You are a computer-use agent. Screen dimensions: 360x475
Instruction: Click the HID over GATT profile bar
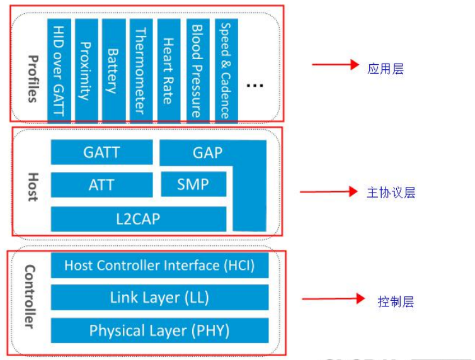click(59, 69)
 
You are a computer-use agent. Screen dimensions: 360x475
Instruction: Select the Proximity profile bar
click(86, 69)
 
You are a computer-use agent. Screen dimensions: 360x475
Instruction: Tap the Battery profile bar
click(113, 69)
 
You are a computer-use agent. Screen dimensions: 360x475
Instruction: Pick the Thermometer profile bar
click(140, 69)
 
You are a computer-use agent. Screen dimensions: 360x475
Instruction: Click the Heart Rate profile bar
click(168, 69)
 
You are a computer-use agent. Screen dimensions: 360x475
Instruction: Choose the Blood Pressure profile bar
click(197, 69)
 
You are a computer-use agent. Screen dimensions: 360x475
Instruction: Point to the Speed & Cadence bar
click(225, 69)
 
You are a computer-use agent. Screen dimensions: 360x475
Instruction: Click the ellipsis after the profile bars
click(255, 85)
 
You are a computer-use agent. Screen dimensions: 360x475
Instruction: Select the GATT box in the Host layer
click(101, 152)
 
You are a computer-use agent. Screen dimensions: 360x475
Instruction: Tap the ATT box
click(101, 185)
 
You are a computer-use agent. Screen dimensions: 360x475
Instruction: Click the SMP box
click(193, 184)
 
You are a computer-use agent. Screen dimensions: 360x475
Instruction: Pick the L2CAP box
click(138, 219)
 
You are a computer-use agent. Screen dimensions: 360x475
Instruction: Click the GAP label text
click(207, 152)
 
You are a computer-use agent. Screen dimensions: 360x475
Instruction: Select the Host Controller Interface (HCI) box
click(159, 266)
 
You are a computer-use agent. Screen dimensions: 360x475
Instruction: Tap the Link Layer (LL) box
click(159, 298)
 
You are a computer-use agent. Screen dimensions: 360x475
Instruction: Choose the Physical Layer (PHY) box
click(159, 330)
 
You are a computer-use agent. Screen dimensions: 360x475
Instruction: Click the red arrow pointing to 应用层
click(335, 65)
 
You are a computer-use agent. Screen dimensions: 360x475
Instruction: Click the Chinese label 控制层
click(396, 301)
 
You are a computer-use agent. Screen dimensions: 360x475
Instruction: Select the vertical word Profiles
click(32, 79)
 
